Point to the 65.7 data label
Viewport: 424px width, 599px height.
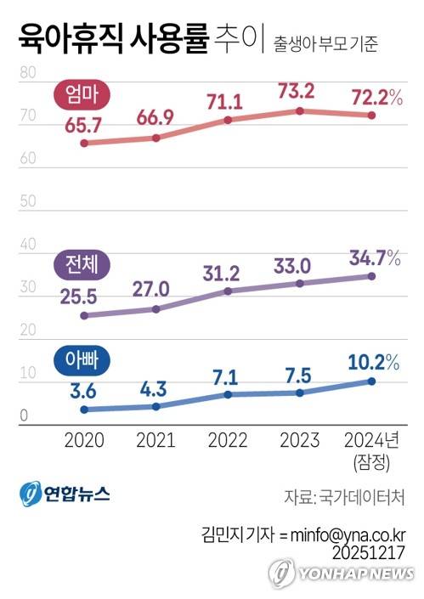pos(83,124)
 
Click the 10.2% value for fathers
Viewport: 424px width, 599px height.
pos(374,362)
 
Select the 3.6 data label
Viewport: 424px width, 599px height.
pos(83,389)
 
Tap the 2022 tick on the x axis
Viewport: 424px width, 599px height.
pos(226,439)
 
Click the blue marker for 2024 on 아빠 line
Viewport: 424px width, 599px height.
pos(370,381)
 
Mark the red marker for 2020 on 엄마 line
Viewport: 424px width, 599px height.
pos(83,143)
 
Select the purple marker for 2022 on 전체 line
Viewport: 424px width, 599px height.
pos(227,291)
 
